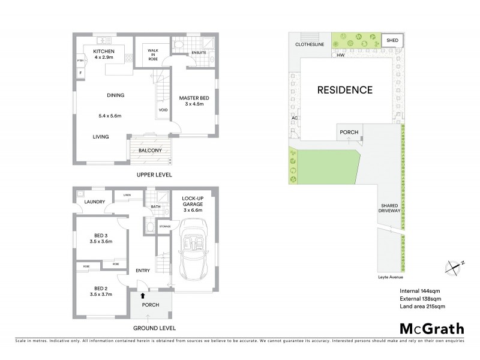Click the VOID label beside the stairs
[163, 110]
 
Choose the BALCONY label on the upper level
[150, 151]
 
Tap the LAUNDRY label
[95, 202]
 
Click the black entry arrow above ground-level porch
[142, 295]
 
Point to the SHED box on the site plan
[393, 41]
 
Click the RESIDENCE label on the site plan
[345, 91]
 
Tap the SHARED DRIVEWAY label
[389, 208]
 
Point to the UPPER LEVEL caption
[155, 175]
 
